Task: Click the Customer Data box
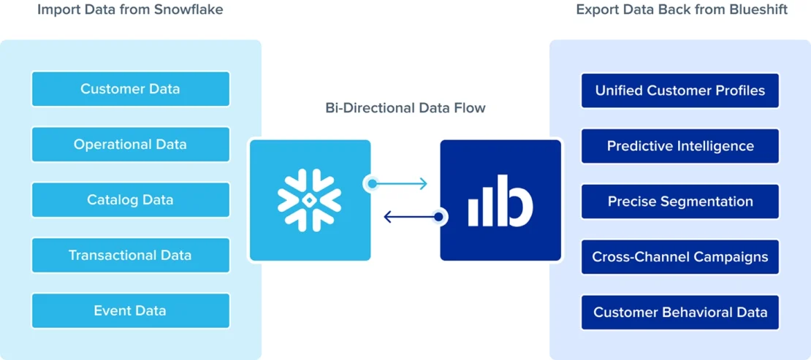(130, 89)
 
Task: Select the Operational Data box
(130, 145)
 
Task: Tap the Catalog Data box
(130, 200)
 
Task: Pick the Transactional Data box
(130, 256)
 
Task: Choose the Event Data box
(130, 311)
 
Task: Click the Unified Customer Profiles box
(679, 91)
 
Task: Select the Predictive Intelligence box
(679, 146)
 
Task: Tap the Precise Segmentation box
(679, 202)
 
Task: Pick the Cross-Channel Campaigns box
(679, 257)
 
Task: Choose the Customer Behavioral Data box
(679, 313)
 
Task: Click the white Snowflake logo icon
(310, 200)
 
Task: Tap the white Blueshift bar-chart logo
(500, 200)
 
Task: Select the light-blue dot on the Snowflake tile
(373, 184)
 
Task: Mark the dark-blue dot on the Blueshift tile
(438, 217)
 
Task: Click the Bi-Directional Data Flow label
(405, 108)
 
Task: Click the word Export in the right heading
(596, 10)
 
